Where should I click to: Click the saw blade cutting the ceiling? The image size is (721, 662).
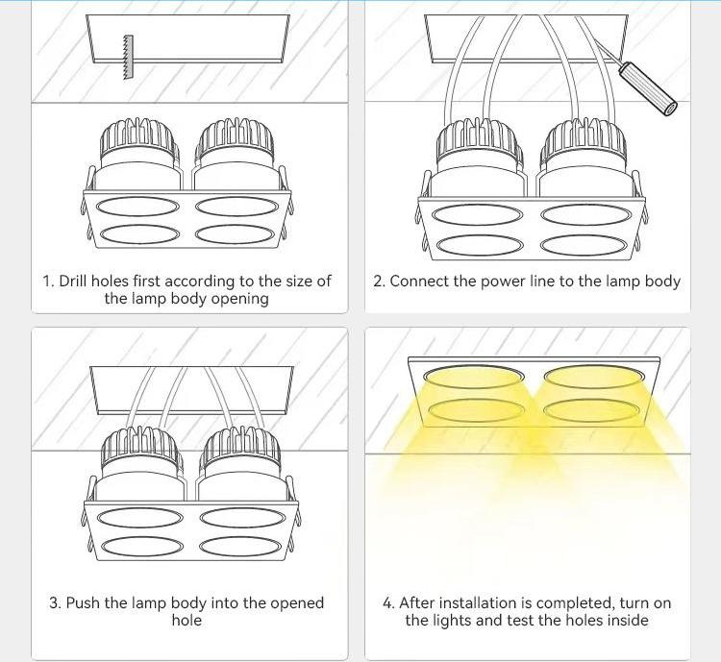click(128, 57)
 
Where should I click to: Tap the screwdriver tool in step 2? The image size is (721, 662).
click(647, 88)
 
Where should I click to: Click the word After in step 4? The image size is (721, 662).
click(417, 602)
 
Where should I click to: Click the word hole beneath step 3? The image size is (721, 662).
click(186, 620)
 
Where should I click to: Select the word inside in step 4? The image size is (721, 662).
click(628, 620)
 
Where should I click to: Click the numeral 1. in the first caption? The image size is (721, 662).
click(49, 281)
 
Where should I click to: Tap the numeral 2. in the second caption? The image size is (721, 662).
click(380, 281)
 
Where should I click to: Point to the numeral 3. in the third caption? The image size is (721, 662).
click(55, 602)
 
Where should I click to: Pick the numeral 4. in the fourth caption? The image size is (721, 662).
click(388, 602)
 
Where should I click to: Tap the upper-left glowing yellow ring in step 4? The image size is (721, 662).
click(474, 376)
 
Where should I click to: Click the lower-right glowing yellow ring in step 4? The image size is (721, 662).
click(592, 410)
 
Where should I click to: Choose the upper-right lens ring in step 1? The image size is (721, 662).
click(236, 206)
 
